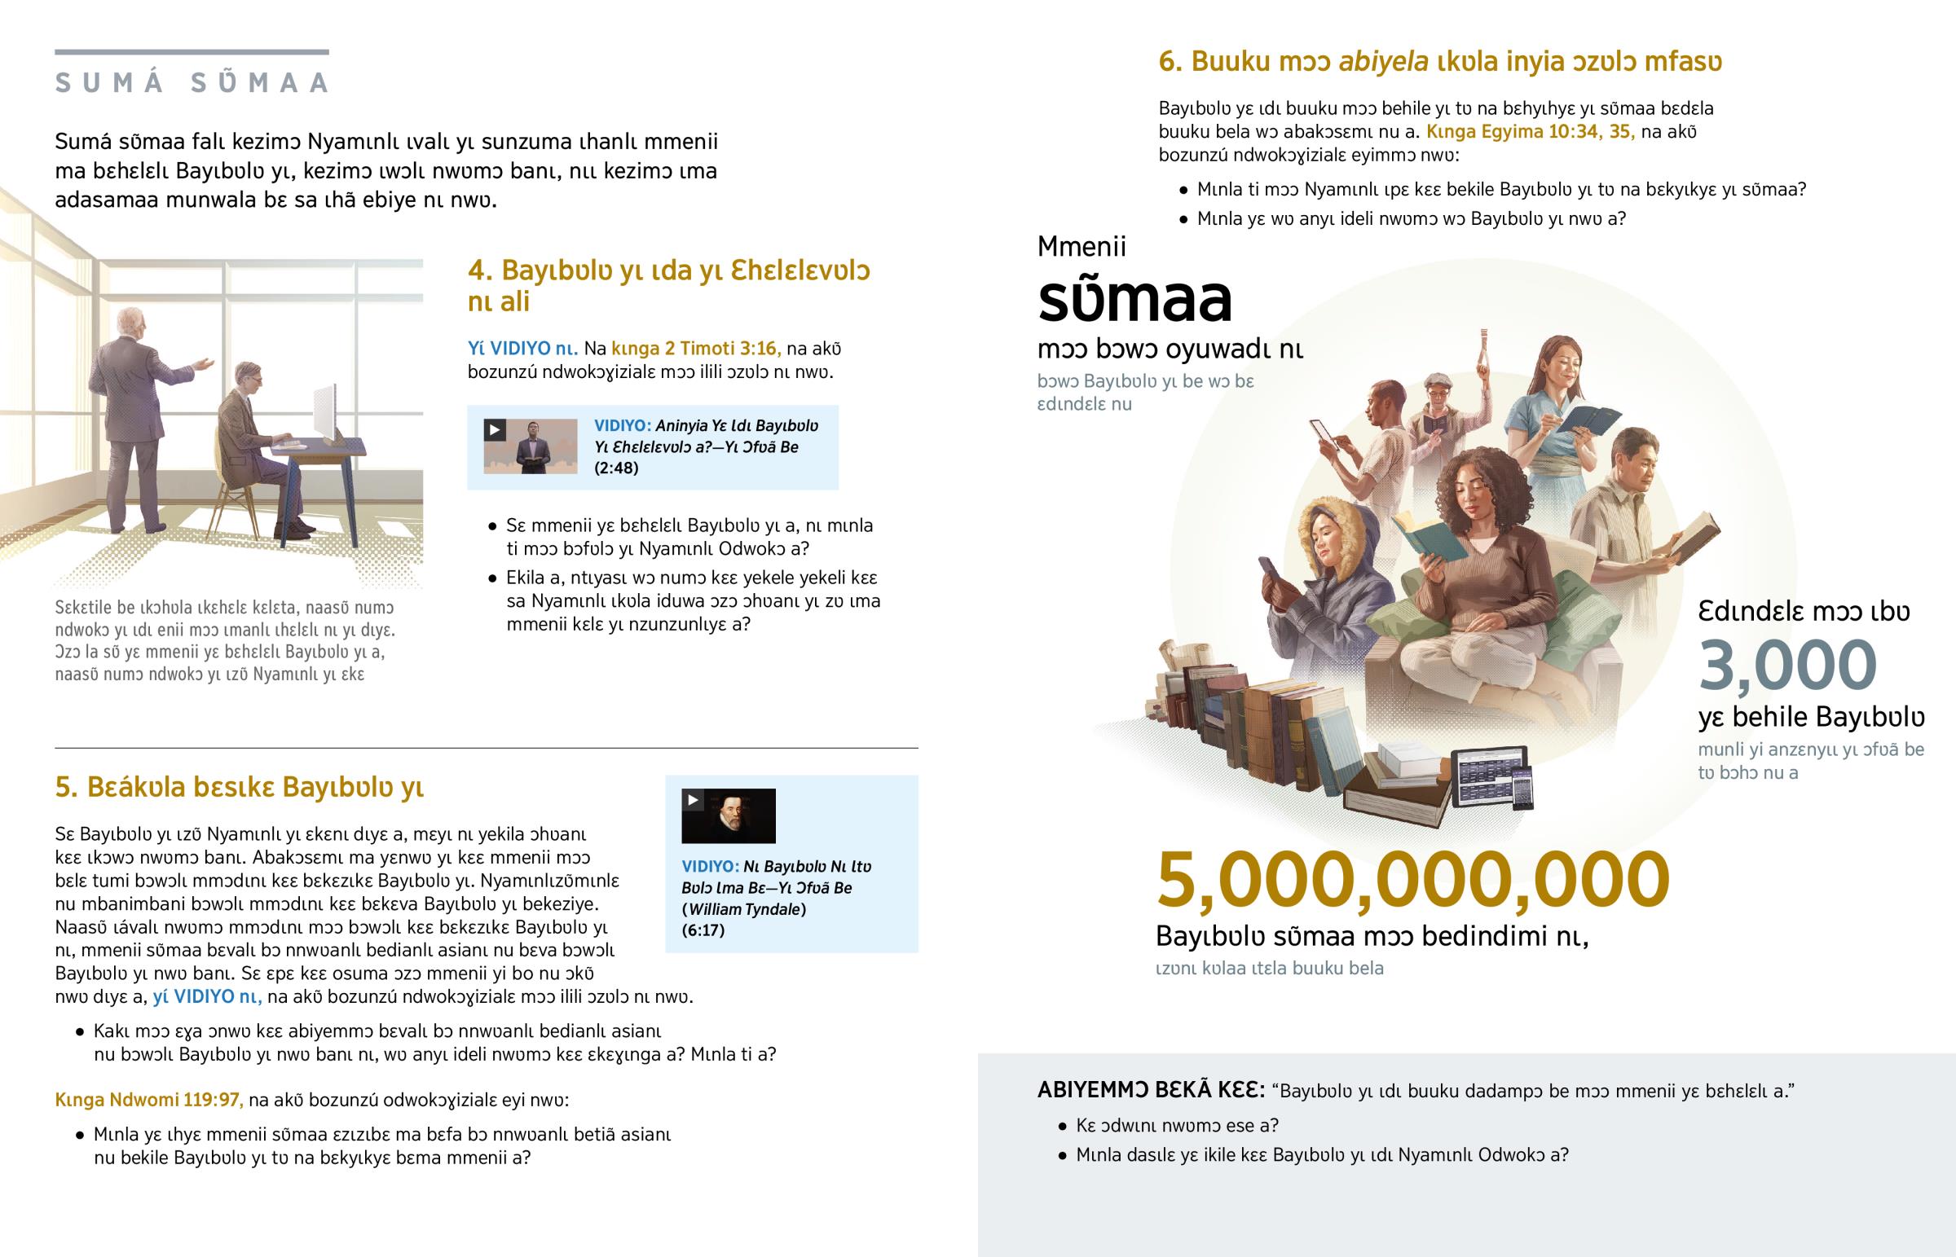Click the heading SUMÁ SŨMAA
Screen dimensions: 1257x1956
coord(192,82)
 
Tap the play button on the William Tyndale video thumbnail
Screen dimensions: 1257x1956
coord(693,800)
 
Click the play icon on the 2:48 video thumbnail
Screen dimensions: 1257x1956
coord(495,429)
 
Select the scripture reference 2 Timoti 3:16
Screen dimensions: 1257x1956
coord(695,349)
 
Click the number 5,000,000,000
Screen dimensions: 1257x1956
coord(1412,880)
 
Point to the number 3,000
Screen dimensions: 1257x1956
coord(1787,666)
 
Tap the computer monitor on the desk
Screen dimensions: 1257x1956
coord(326,414)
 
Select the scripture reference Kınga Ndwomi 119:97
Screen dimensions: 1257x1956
coord(149,1100)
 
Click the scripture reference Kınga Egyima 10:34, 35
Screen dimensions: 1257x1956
coord(1530,132)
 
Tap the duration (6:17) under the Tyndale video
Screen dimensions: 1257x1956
coord(702,930)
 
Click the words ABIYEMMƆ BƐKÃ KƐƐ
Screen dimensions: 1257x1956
coord(1150,1090)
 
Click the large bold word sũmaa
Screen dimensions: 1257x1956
coord(1134,300)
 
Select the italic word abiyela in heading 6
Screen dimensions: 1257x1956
coord(1383,61)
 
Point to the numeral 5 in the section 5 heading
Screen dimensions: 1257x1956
coord(64,787)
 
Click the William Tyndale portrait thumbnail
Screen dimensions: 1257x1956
coord(728,815)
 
